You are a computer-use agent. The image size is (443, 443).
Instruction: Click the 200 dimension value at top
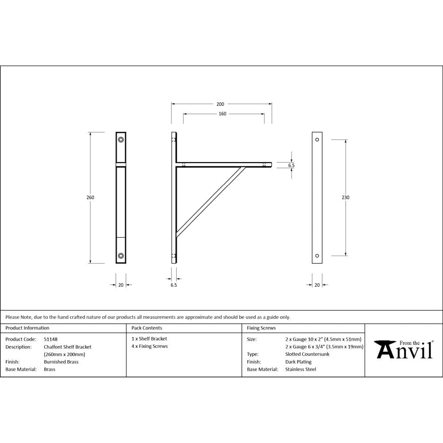pyautogui.click(x=220, y=104)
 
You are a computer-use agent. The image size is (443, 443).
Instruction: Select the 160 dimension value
pyautogui.click(x=222, y=114)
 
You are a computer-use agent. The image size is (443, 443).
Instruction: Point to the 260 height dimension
pyautogui.click(x=90, y=198)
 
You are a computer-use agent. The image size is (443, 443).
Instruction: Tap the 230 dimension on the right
pyautogui.click(x=346, y=198)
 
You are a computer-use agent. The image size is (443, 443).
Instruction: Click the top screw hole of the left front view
pyautogui.click(x=121, y=140)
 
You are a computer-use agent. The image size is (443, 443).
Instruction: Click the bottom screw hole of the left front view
pyautogui.click(x=121, y=256)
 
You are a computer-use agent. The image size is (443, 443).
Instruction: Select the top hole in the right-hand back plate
pyautogui.click(x=317, y=140)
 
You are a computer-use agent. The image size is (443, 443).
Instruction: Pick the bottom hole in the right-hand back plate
pyautogui.click(x=317, y=256)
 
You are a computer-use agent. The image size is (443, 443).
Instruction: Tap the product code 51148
pyautogui.click(x=51, y=339)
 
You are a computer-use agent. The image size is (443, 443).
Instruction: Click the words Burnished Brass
pyautogui.click(x=61, y=362)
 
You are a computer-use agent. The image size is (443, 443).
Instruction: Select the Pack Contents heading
pyautogui.click(x=147, y=328)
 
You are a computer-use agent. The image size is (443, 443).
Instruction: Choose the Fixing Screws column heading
pyautogui.click(x=261, y=328)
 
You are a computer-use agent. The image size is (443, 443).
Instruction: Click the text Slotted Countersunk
pyautogui.click(x=307, y=354)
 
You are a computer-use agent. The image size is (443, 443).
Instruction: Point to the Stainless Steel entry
pyautogui.click(x=301, y=369)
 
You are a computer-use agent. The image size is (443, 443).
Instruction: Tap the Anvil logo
pyautogui.click(x=404, y=350)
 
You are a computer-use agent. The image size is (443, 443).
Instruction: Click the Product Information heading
pyautogui.click(x=27, y=328)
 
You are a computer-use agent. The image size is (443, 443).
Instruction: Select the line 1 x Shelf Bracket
pyautogui.click(x=149, y=339)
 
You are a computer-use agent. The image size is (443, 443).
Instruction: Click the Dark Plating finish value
pyautogui.click(x=299, y=362)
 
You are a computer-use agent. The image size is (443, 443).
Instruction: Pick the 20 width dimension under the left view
pyautogui.click(x=120, y=285)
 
